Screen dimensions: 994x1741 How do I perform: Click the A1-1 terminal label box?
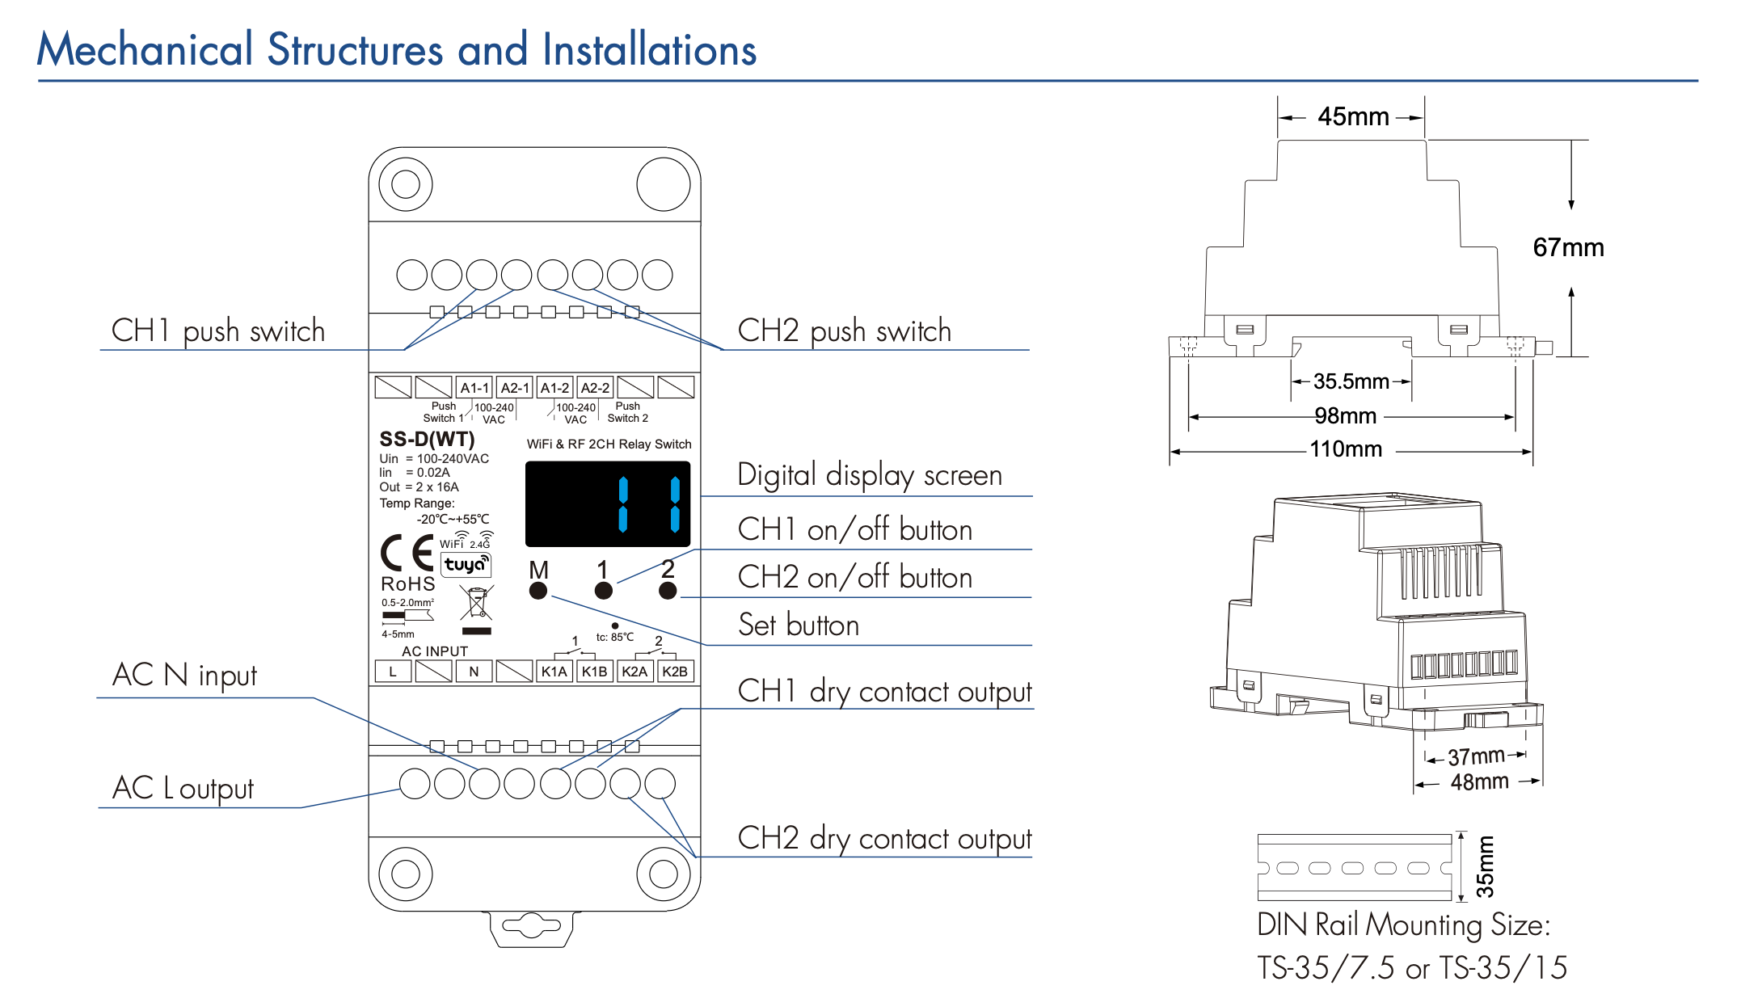[x=474, y=388]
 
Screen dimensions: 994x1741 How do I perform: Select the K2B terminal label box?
[x=675, y=672]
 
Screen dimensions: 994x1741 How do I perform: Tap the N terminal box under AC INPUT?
[x=474, y=672]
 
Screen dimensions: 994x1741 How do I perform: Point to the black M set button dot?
[x=538, y=591]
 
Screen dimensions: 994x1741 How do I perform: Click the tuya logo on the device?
[x=466, y=564]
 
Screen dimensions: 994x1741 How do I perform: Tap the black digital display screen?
[x=608, y=504]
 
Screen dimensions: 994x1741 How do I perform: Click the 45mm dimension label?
[x=1353, y=117]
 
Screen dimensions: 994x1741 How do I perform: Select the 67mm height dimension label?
[x=1568, y=247]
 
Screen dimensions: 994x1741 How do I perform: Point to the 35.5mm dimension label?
[x=1351, y=381]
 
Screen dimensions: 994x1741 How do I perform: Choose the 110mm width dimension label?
[x=1346, y=449]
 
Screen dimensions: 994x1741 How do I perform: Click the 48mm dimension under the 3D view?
[x=1479, y=782]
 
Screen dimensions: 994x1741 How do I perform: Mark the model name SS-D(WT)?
[x=427, y=440]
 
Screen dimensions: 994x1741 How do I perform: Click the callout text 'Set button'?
[x=799, y=625]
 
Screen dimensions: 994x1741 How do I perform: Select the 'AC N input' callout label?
[x=185, y=675]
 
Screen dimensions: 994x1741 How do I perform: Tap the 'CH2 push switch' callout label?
[x=844, y=331]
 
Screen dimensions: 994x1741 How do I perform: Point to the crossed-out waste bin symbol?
[x=476, y=603]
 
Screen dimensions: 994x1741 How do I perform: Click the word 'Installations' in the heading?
[x=650, y=50]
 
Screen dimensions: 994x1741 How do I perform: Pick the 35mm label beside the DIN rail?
[x=1485, y=867]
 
